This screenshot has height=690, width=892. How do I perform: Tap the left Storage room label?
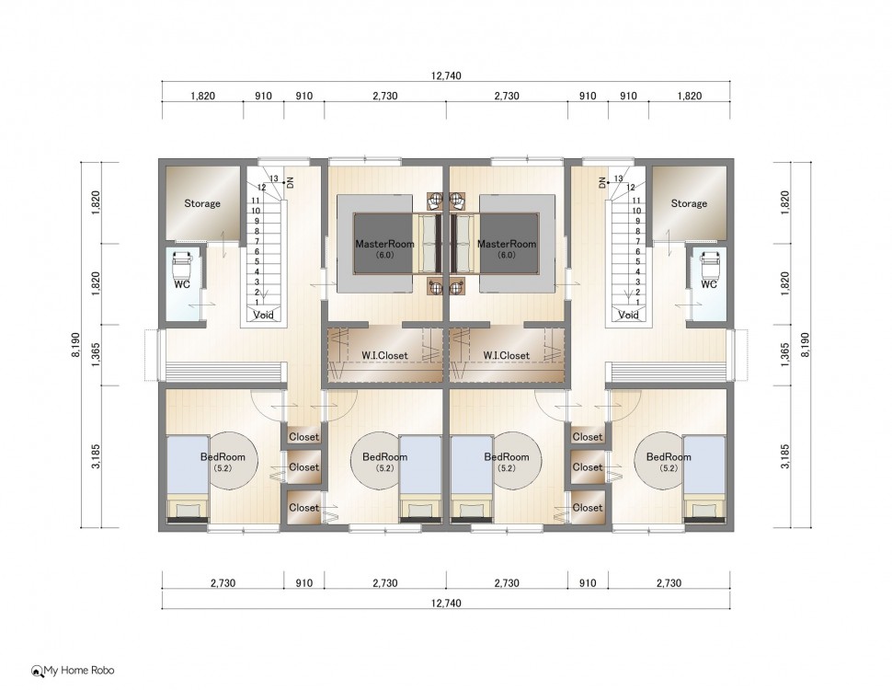(202, 203)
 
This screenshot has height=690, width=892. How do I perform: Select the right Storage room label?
(689, 203)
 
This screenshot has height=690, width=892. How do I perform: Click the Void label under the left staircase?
(263, 315)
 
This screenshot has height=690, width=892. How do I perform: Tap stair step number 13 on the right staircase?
(618, 178)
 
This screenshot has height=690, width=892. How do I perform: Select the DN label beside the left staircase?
(290, 182)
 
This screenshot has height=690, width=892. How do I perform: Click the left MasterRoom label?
(384, 244)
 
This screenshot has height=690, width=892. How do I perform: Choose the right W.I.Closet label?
(507, 355)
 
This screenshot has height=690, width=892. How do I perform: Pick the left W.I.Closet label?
(384, 355)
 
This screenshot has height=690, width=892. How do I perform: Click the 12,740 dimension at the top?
(446, 75)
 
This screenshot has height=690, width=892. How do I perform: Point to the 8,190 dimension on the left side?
(76, 345)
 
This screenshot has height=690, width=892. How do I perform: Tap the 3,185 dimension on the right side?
(785, 456)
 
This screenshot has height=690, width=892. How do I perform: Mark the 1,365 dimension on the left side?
(97, 354)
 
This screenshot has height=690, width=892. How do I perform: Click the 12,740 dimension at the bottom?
(446, 603)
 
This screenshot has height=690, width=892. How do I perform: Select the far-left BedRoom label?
(223, 456)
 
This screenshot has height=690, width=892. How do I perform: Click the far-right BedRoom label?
(669, 456)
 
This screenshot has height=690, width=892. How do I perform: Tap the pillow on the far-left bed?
(188, 510)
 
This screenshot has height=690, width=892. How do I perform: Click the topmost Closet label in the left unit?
(303, 437)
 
